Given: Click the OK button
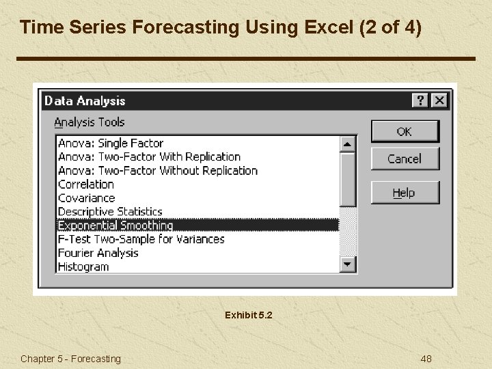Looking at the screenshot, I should [405, 131].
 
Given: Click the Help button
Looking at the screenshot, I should [405, 193].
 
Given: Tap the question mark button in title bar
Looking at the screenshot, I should [421, 100].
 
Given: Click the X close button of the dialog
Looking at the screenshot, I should [439, 100].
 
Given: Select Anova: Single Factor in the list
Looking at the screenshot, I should [111, 143].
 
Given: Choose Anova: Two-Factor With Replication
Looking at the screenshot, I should [149, 157].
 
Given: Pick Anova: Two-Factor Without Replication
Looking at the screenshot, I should [157, 171].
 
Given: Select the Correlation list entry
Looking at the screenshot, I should [86, 184].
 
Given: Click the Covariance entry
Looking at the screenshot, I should [86, 198].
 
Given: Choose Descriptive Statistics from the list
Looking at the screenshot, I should [110, 212].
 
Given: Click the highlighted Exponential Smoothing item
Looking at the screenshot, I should [115, 225].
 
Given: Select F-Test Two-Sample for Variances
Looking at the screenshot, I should [141, 239].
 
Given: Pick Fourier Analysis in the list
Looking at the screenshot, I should [98, 253].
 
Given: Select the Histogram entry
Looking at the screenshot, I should [83, 266].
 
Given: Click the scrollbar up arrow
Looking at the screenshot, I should [348, 143].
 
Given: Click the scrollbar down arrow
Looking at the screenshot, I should [348, 264].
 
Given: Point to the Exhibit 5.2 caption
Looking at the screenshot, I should [248, 315].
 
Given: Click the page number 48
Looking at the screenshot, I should [426, 359].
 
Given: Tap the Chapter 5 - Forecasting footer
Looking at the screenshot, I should [70, 359].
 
